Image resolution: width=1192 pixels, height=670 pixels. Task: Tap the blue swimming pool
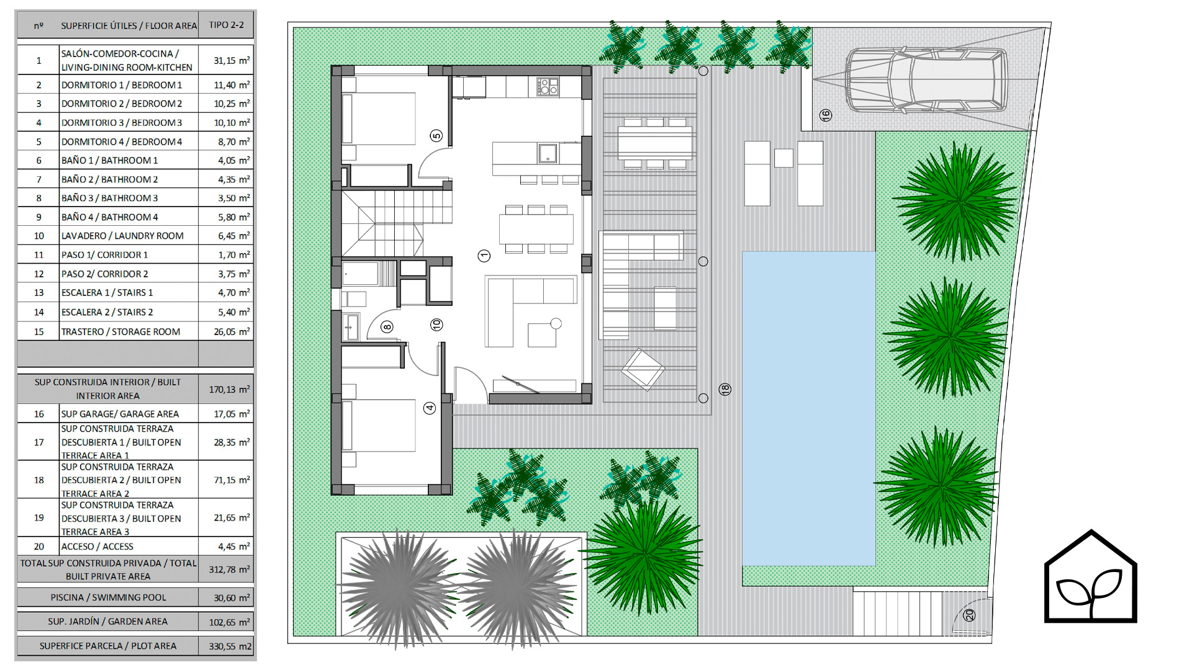[809, 408]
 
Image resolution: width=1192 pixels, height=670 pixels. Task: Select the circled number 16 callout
[826, 115]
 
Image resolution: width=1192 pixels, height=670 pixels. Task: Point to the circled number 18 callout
[725, 390]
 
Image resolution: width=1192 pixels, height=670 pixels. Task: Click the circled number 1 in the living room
[484, 256]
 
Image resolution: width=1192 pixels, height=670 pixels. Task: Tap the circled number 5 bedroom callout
[436, 136]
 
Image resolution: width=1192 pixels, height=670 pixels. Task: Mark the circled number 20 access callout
[969, 615]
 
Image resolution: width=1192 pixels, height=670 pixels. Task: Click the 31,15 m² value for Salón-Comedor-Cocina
[232, 61]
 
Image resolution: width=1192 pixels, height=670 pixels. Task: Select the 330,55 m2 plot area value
[230, 646]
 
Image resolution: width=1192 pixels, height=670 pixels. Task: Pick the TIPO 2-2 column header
[226, 25]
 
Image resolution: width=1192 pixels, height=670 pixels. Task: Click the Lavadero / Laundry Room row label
[122, 236]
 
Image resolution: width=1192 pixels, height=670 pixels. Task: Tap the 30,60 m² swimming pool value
[232, 598]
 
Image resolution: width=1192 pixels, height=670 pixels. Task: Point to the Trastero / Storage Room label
[120, 332]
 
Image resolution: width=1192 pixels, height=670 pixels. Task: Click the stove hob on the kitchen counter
[548, 86]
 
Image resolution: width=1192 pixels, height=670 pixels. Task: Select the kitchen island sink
[547, 153]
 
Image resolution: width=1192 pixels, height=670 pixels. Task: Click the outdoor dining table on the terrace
[655, 143]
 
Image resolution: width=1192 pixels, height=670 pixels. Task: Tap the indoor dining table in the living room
[536, 229]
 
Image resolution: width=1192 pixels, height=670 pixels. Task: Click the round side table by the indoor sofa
[556, 323]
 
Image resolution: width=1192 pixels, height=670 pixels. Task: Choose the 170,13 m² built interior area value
[229, 390]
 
